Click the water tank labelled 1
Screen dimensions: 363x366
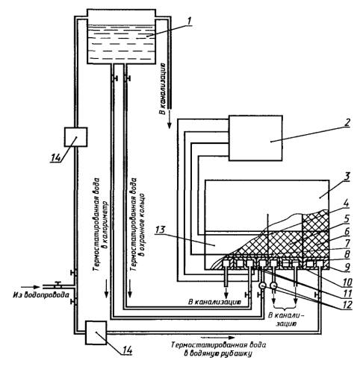coord(121,37)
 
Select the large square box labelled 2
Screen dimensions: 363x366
coord(255,138)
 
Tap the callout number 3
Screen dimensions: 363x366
coord(346,176)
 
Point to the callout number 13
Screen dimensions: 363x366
coord(160,230)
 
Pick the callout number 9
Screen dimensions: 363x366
coord(347,267)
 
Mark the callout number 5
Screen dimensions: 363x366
coord(347,219)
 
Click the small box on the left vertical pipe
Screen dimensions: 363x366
coord(75,137)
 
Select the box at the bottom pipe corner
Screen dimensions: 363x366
coord(96,332)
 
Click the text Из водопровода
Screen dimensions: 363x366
coord(41,295)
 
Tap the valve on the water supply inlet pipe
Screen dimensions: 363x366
coord(58,284)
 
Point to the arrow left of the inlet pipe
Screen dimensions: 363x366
coord(29,287)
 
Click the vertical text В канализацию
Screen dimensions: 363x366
coord(163,89)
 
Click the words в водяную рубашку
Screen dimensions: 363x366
coord(218,353)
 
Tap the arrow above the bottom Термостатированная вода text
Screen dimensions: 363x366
coord(217,338)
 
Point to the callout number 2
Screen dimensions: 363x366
coord(347,122)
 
